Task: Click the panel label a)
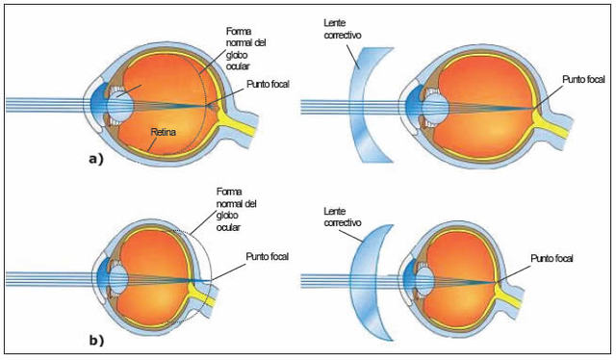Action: pyautogui.click(x=95, y=159)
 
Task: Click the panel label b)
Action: pyautogui.click(x=95, y=340)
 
